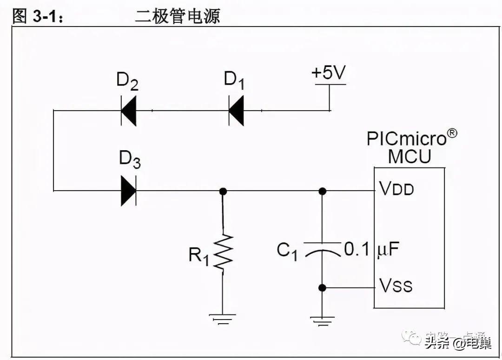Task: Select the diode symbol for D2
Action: pos(128,111)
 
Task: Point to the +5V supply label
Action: pos(329,73)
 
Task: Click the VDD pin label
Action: pos(396,189)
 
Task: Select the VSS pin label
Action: pos(396,285)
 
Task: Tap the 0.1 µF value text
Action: pos(371,250)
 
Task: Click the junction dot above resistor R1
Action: pos(223,191)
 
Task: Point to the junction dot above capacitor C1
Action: pos(322,191)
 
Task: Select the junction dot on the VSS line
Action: pos(322,288)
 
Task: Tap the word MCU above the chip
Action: pos(410,157)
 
